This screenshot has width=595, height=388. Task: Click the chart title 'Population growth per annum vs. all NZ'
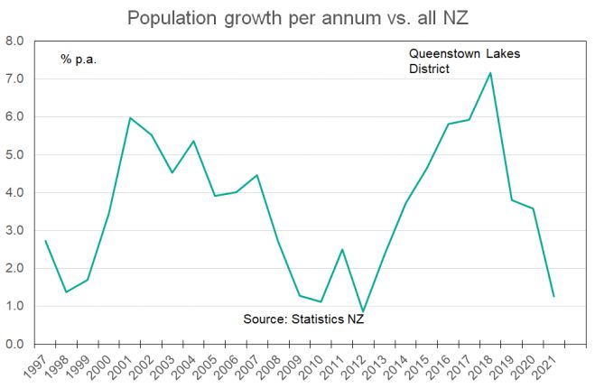tap(297, 17)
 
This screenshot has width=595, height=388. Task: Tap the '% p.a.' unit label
tap(79, 59)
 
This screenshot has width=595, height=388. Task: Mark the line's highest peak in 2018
tap(489, 73)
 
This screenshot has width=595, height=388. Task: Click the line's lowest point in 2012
tap(362, 312)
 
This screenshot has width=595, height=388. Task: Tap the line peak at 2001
tap(130, 118)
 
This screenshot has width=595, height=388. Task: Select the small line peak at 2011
tap(341, 249)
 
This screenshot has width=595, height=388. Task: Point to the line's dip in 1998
tap(66, 292)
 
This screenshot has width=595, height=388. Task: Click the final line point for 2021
tap(553, 296)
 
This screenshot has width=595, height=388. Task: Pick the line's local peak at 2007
tap(256, 175)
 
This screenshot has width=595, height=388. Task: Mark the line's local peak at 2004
tap(193, 141)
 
